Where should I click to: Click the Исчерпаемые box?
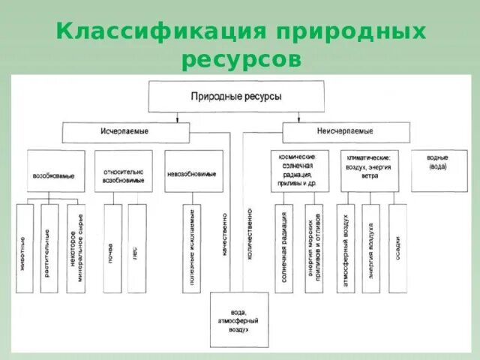(x=124, y=131)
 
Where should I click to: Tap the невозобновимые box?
(x=193, y=172)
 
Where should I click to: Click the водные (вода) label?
(x=438, y=163)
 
